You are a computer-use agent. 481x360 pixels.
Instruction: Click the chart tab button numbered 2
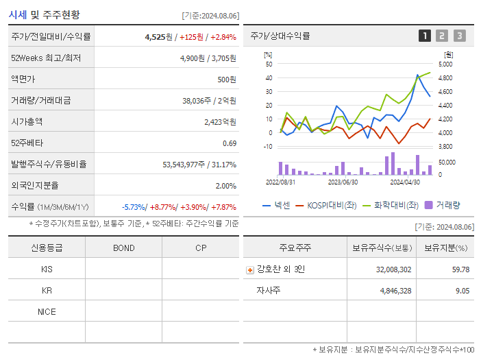coord(442,36)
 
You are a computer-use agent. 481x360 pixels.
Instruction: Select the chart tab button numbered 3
coord(459,36)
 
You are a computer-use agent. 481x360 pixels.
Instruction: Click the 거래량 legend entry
coord(442,204)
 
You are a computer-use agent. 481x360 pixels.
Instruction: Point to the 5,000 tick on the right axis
coord(445,64)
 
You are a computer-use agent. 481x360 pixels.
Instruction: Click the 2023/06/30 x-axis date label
coord(343,182)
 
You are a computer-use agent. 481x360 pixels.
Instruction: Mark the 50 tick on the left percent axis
coord(269,64)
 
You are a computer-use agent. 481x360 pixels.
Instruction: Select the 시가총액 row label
coord(27,121)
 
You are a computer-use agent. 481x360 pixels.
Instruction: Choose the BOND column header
coord(124,248)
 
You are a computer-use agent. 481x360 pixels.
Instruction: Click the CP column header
coord(201,248)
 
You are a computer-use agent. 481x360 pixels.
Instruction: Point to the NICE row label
coord(47,311)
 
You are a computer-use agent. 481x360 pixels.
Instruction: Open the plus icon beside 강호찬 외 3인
coord(250,269)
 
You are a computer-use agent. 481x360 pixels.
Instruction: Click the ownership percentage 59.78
coord(456,269)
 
